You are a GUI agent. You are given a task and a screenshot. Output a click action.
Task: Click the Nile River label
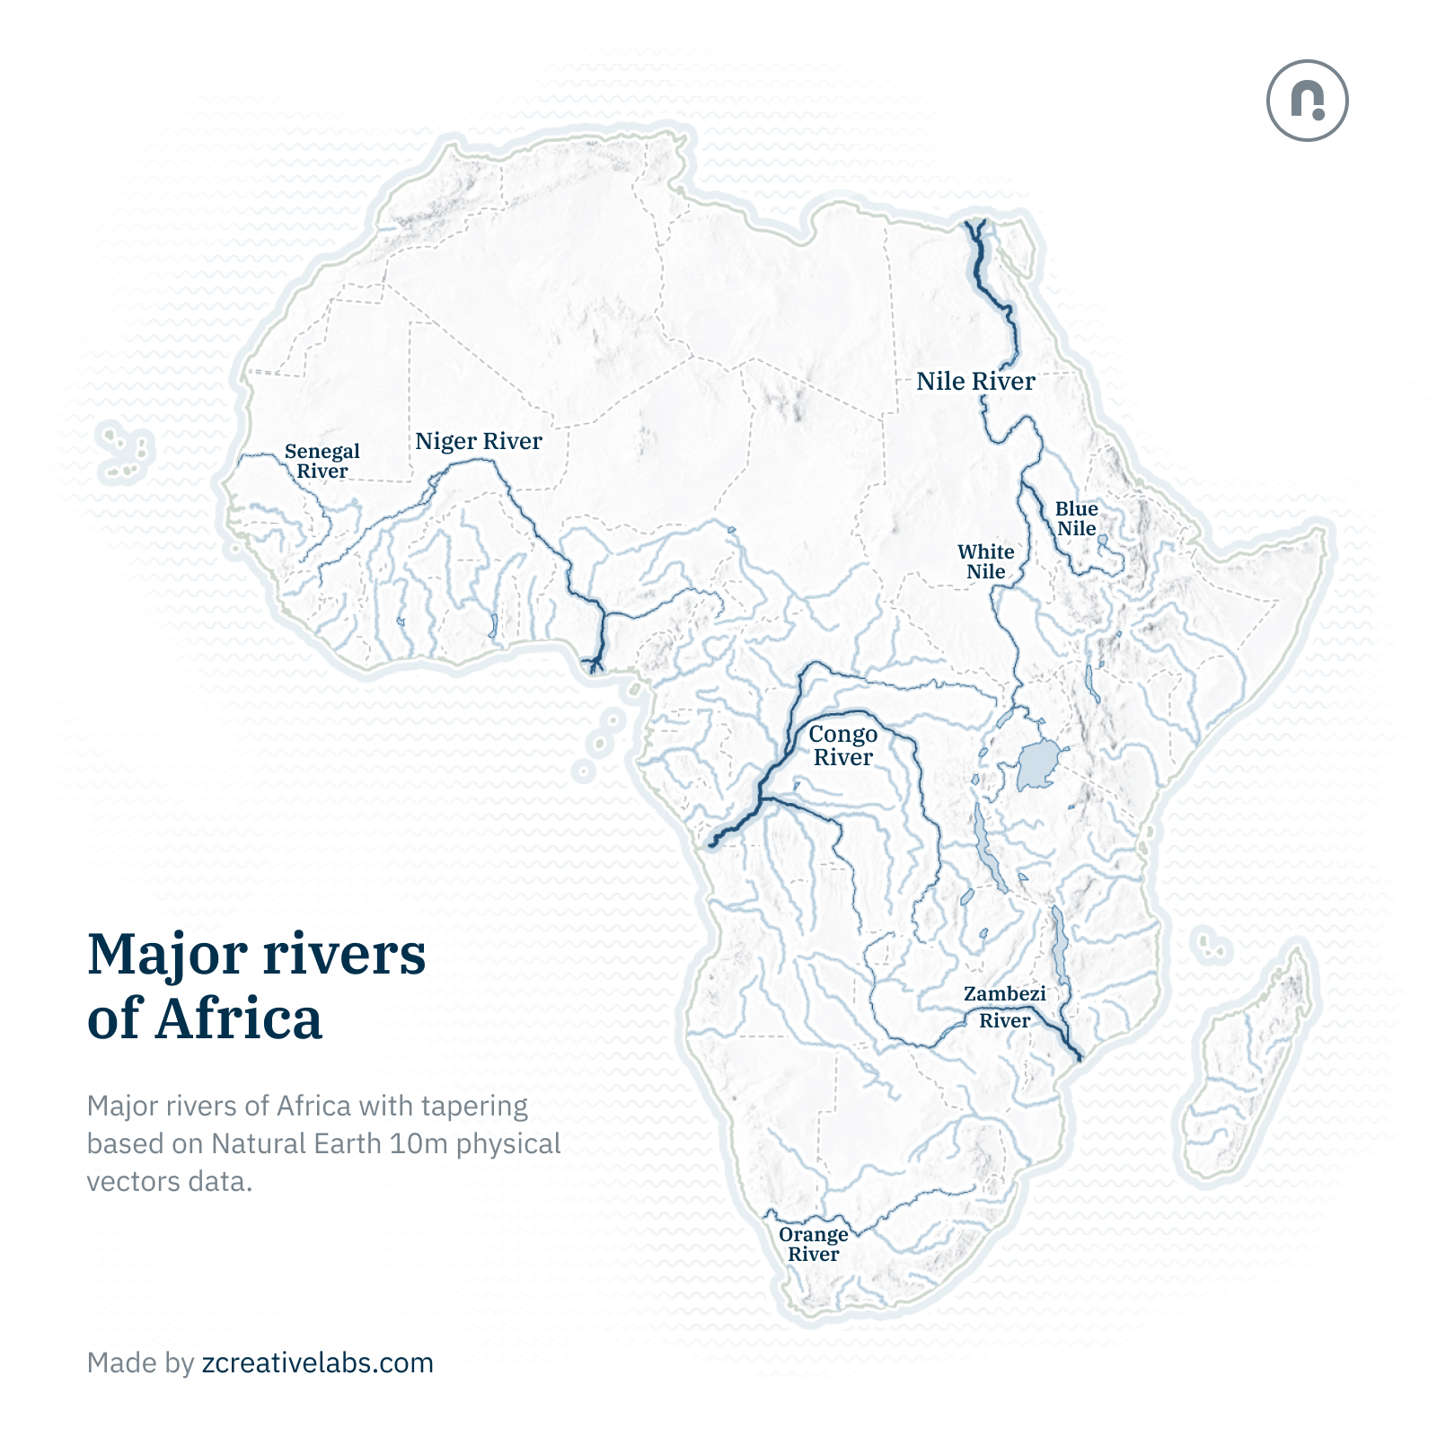coord(975,382)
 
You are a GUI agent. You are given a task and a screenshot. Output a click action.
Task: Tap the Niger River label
coord(478,441)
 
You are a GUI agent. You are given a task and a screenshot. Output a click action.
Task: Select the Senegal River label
coord(322,461)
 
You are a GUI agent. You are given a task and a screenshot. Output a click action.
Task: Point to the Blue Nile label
coord(1076,519)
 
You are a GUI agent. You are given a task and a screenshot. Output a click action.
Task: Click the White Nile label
coord(985,561)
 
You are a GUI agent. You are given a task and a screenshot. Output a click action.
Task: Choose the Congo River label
coord(842,745)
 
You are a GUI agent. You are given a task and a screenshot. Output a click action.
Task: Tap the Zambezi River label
coord(1004,1007)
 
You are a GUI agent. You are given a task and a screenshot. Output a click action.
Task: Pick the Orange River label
coord(813,1244)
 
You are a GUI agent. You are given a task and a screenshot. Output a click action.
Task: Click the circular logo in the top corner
coord(1307,101)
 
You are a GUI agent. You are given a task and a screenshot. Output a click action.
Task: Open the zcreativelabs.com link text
coord(317,1362)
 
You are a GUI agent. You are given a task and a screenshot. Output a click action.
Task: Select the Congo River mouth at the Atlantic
coord(712,843)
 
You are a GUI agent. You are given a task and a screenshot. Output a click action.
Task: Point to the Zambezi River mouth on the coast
coord(1079,1059)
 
